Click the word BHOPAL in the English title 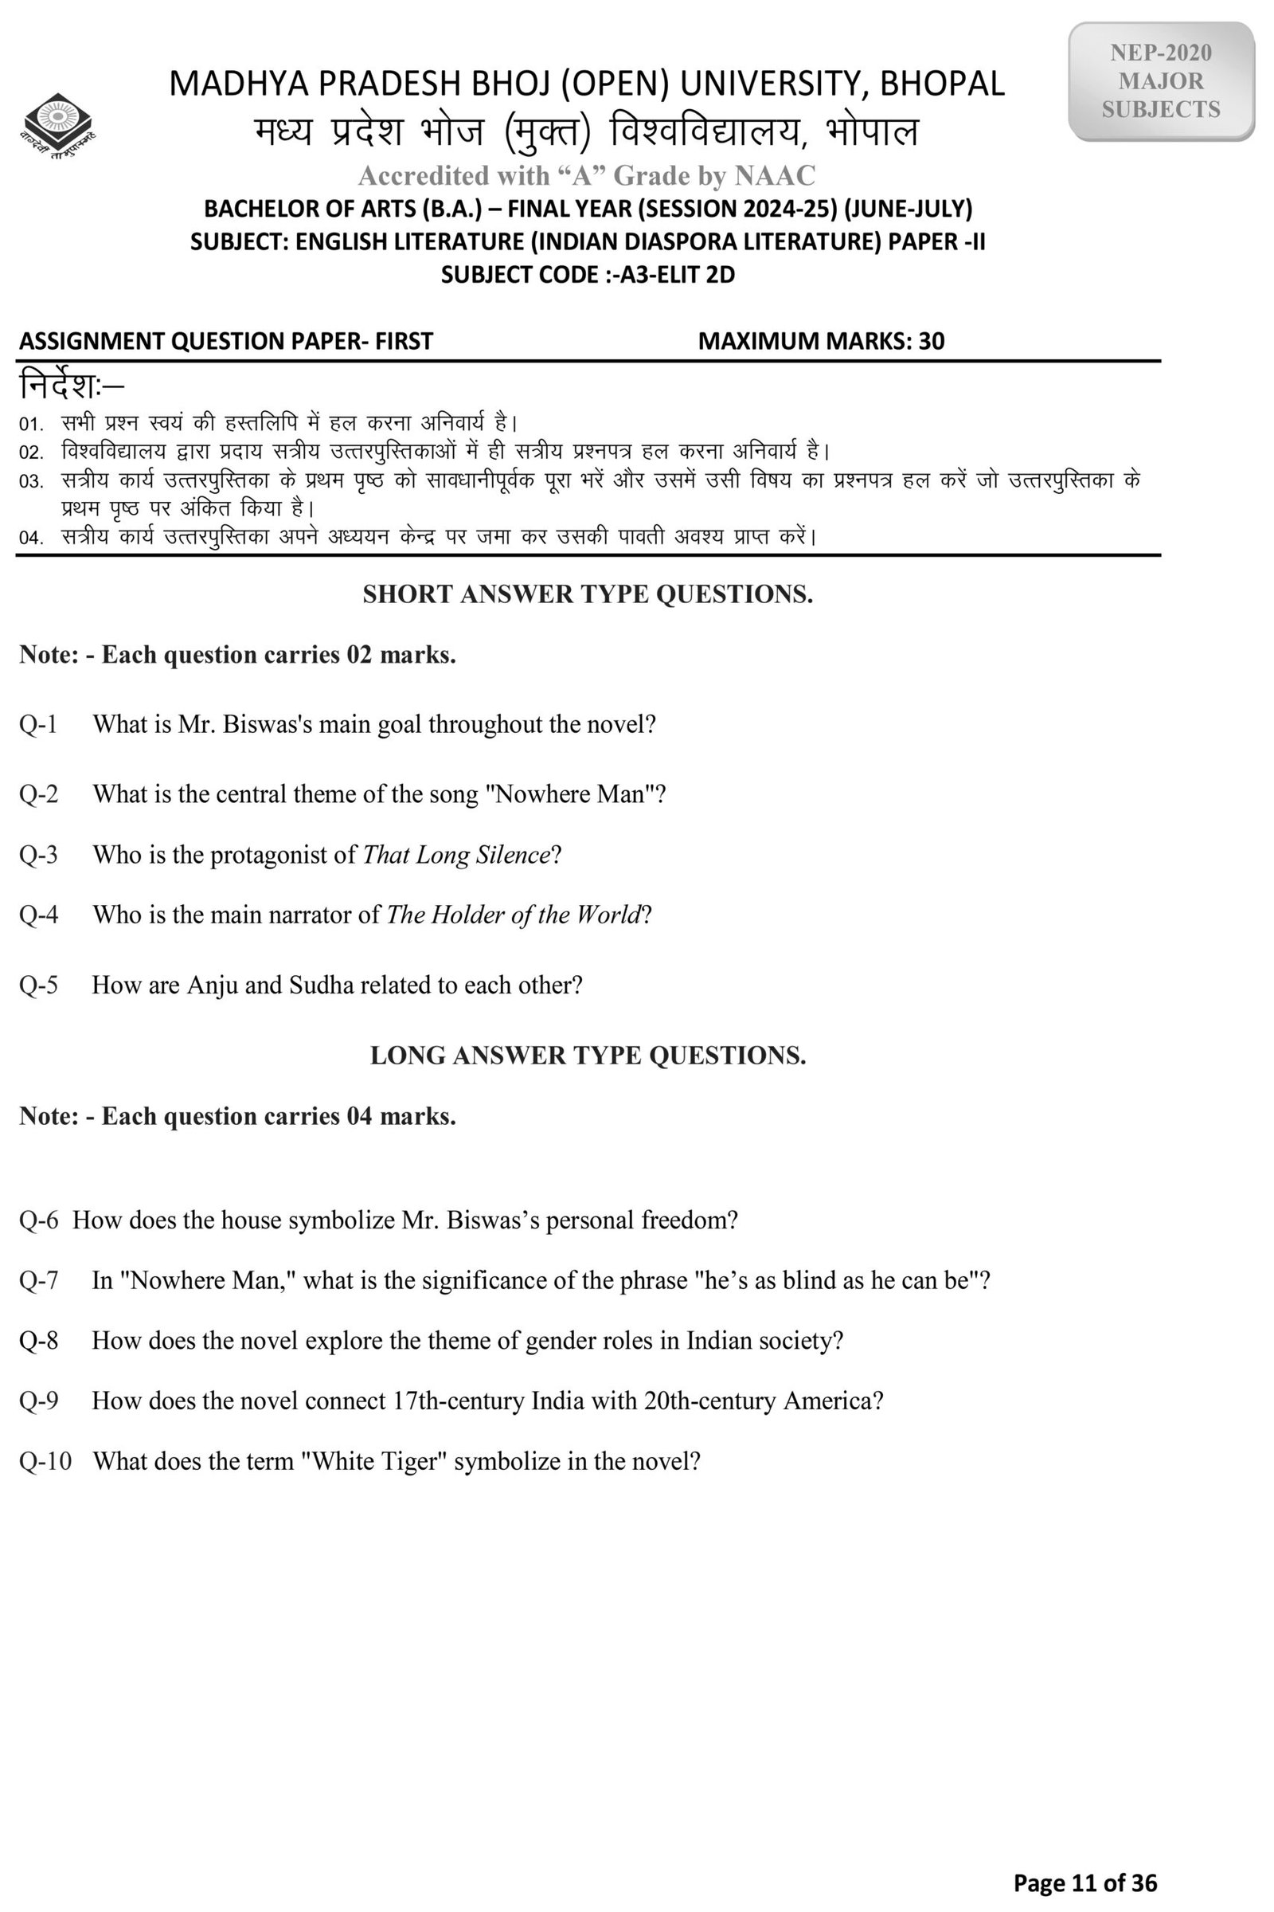[943, 84]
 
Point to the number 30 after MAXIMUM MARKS [931, 341]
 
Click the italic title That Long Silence [455, 854]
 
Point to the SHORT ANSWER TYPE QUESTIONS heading [588, 594]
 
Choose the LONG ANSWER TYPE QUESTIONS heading [588, 1055]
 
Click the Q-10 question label [45, 1461]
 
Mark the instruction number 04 [30, 539]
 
